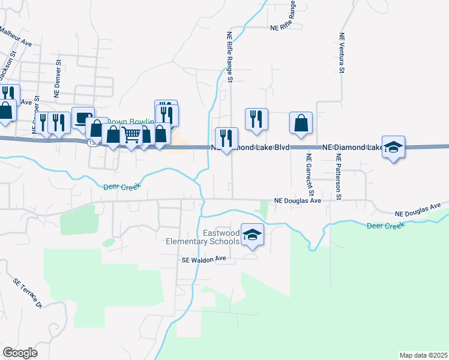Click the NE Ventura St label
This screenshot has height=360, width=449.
tap(341, 53)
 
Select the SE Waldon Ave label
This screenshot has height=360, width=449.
tap(202, 259)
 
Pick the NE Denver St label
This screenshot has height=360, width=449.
tap(58, 78)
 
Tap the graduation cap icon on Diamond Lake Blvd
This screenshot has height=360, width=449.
tap(393, 147)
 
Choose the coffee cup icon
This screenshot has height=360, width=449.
tap(82, 118)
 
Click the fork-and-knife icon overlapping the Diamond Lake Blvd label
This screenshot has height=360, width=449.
tap(226, 139)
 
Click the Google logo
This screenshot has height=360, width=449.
tap(20, 353)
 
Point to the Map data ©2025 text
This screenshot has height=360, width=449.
tap(424, 355)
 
